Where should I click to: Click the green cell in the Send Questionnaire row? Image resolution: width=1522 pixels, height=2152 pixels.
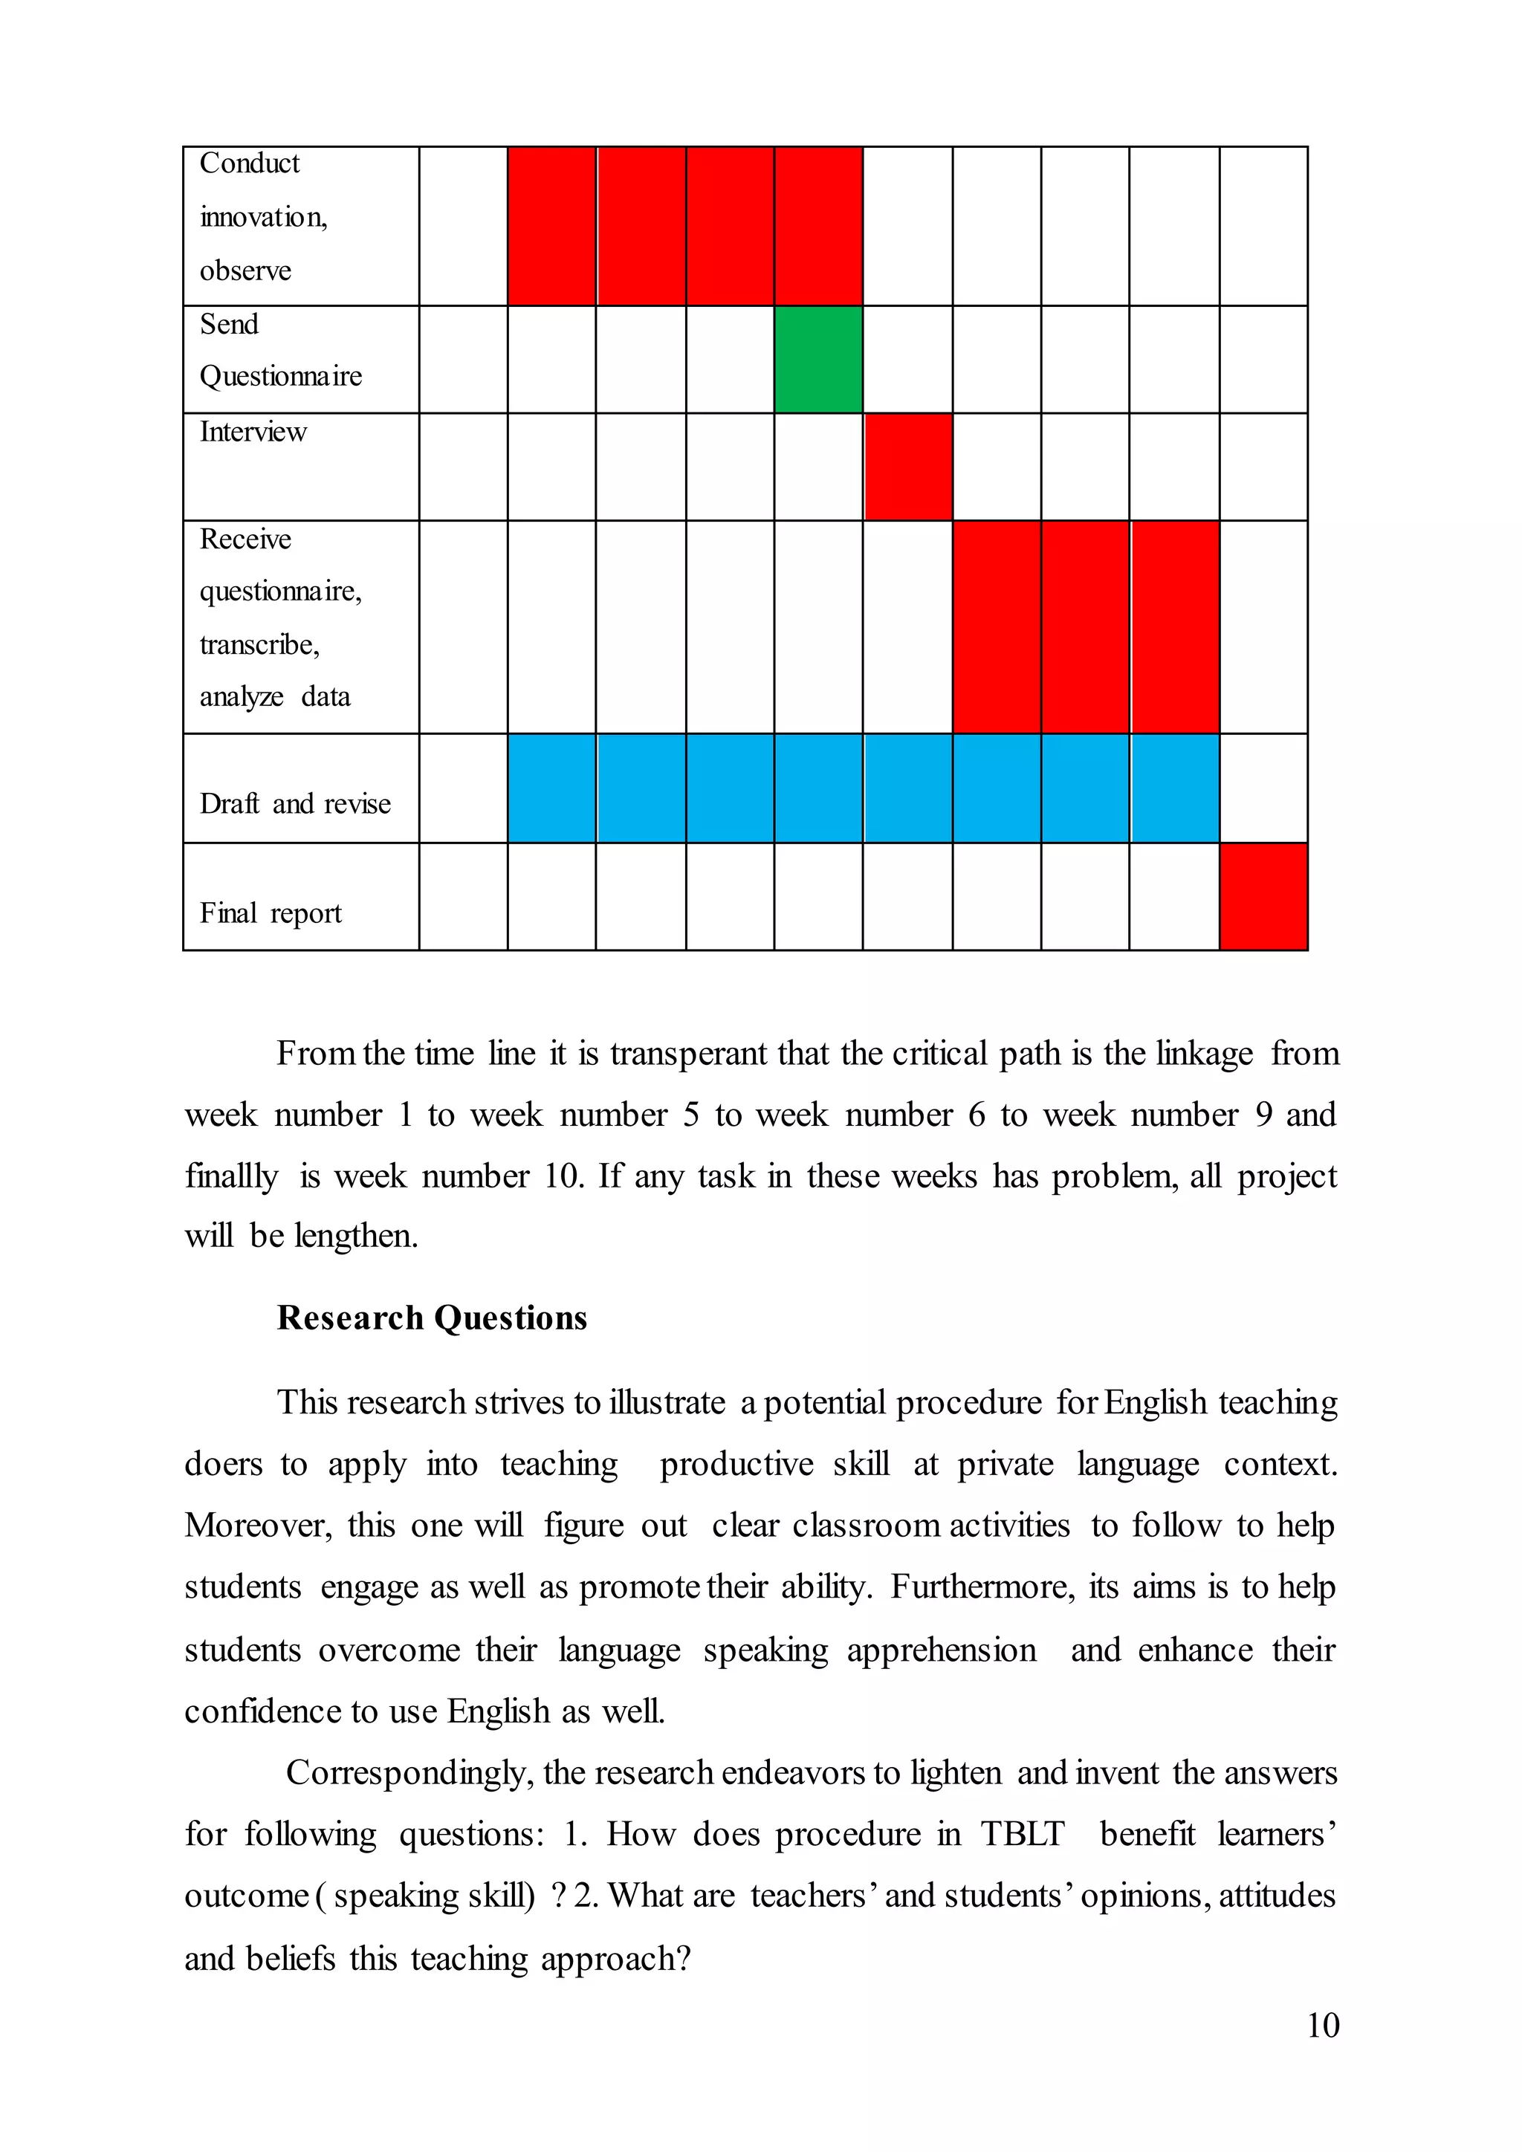pos(818,359)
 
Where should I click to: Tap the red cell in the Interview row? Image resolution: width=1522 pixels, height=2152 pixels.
pos(907,467)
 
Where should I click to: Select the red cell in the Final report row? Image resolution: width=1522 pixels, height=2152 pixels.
pos(1263,896)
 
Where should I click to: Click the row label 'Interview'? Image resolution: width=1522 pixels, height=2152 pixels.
pos(253,432)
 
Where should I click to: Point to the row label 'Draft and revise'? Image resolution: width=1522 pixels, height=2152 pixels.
pos(294,803)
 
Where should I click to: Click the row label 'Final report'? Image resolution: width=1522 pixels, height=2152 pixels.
pos(270,913)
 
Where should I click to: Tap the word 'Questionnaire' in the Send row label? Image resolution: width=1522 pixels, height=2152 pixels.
pos(280,377)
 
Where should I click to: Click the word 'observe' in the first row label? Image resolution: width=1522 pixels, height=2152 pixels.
pos(245,271)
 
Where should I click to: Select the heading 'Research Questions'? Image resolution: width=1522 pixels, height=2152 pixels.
pos(432,1318)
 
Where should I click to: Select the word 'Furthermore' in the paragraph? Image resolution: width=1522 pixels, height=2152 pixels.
pos(981,1587)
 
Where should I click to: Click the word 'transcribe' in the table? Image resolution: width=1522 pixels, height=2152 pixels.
pos(259,645)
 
